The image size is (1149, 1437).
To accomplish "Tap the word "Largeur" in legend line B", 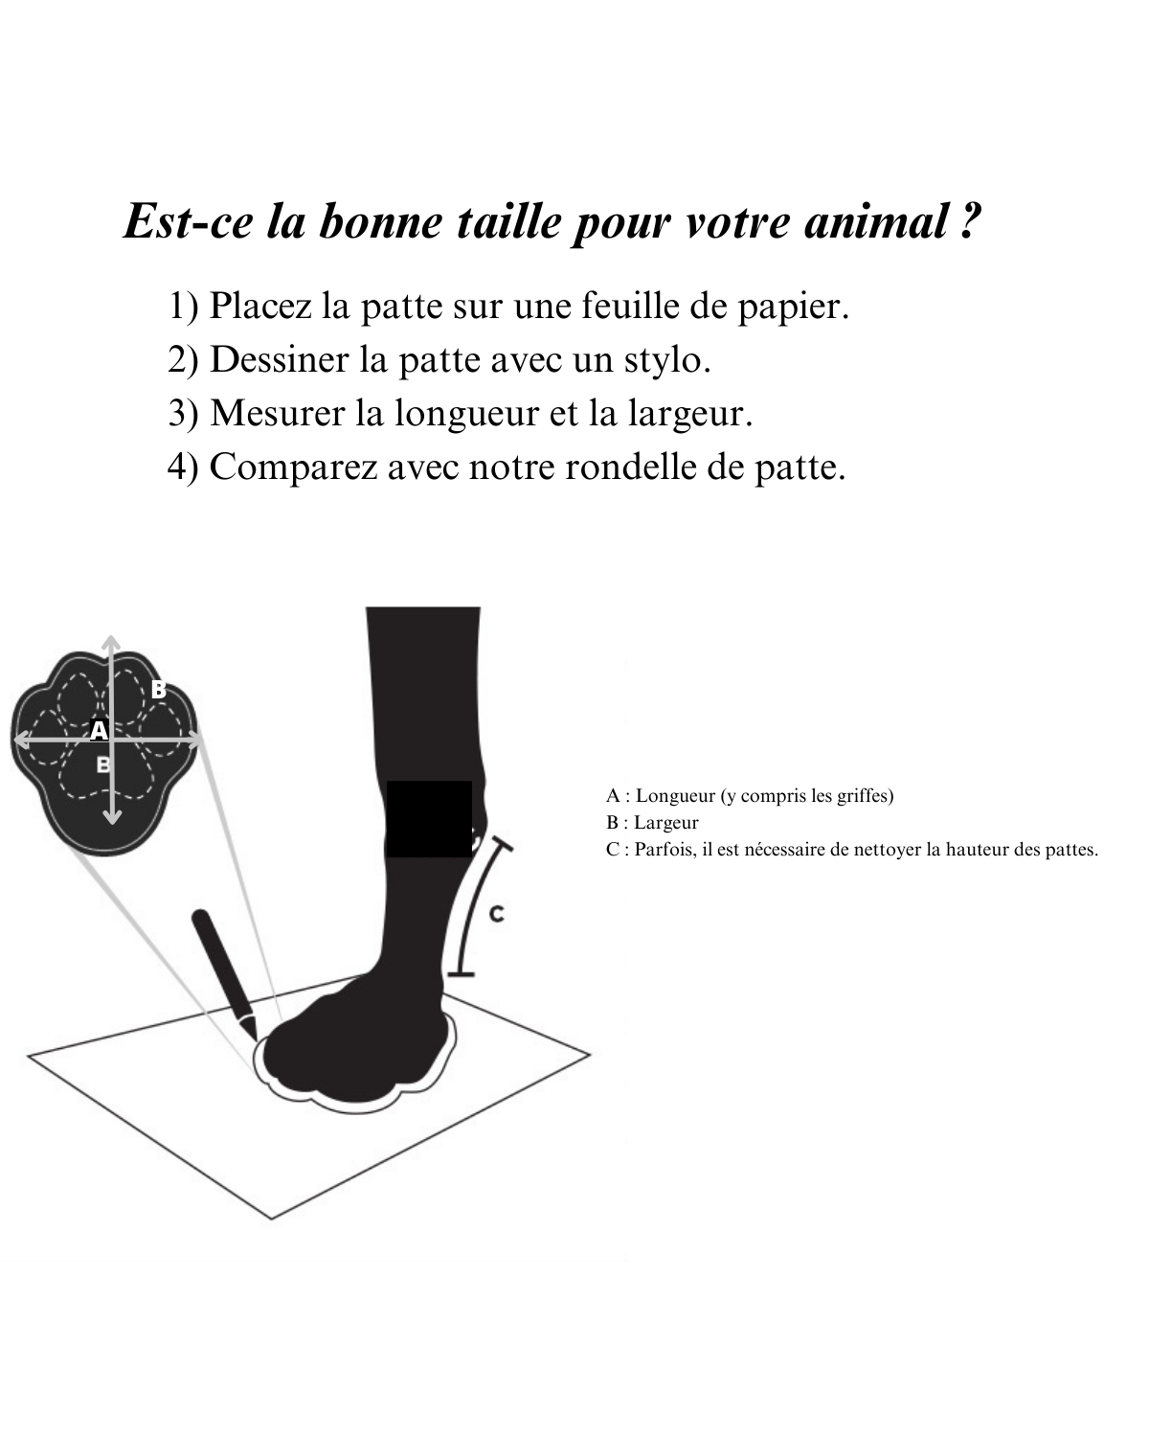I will (x=666, y=823).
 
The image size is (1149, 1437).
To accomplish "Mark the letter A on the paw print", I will (x=98, y=730).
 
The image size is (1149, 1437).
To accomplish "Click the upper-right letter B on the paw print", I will (x=159, y=689).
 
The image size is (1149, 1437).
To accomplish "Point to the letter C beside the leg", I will (x=496, y=914).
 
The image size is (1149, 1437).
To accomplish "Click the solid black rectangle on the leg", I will (x=429, y=818).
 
